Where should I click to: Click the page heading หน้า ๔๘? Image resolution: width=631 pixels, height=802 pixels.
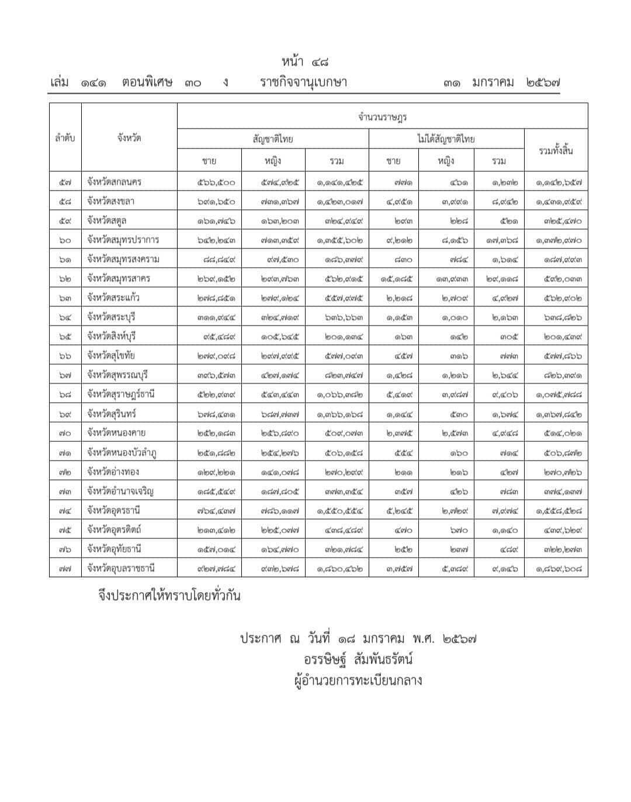[308, 61]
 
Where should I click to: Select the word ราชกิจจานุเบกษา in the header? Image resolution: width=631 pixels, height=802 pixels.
[303, 82]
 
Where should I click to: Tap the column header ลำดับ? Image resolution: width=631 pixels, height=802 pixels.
[65, 139]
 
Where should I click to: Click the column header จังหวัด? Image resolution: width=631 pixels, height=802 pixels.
[129, 139]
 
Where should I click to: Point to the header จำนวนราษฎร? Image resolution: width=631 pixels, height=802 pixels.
[382, 117]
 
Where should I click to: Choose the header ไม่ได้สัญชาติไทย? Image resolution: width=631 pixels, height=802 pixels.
[446, 139]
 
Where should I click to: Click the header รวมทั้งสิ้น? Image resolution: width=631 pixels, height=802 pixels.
[555, 151]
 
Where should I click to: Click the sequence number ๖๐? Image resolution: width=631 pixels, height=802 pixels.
[65, 240]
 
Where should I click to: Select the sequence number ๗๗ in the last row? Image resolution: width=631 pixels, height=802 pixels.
[65, 568]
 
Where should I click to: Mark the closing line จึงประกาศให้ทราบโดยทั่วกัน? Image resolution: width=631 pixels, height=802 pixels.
[169, 596]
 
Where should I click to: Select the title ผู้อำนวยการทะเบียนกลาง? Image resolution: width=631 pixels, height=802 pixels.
[358, 680]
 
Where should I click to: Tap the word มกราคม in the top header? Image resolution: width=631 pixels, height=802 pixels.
[493, 82]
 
